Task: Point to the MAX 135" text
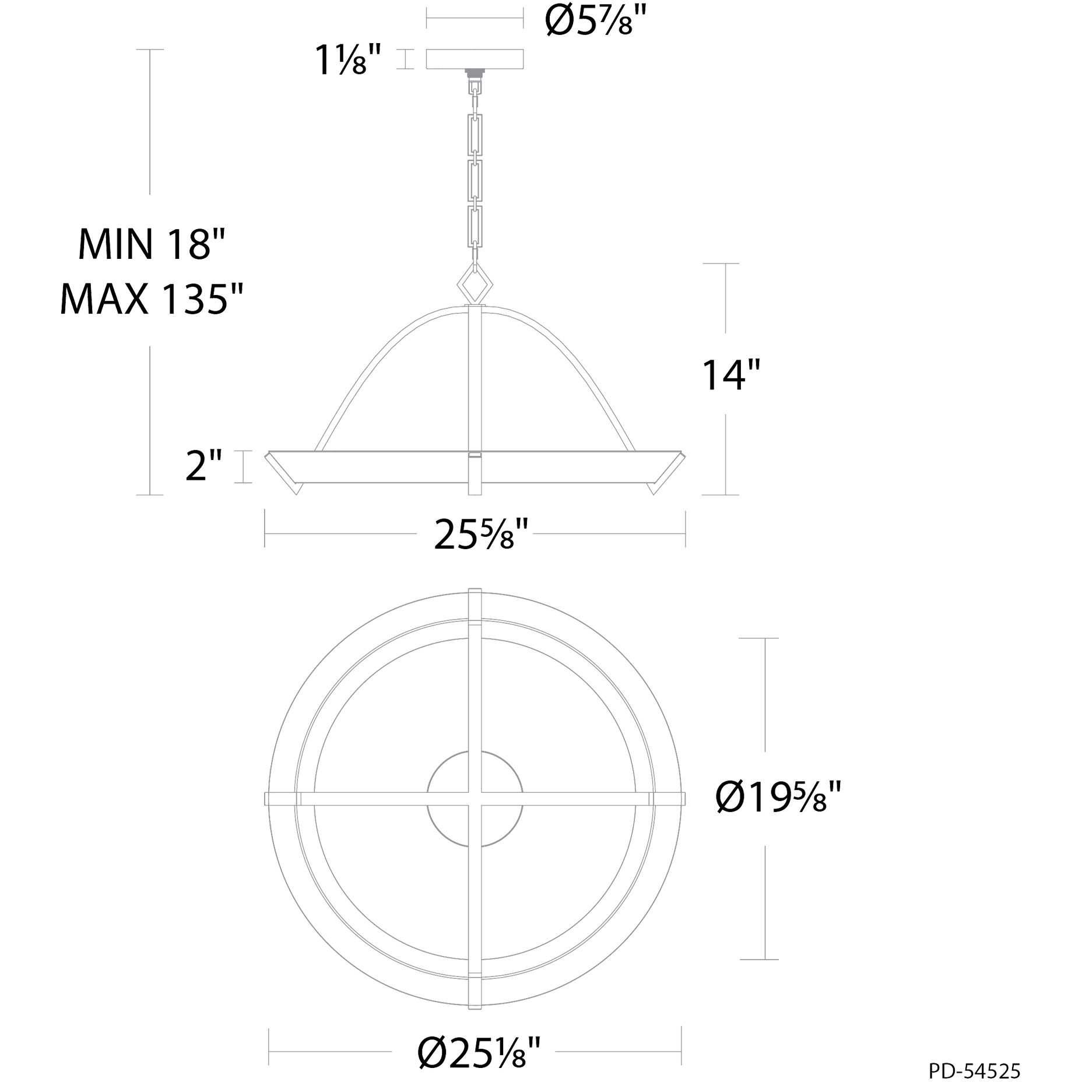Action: (152, 298)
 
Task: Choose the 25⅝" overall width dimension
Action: (482, 535)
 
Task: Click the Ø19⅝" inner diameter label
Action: (778, 798)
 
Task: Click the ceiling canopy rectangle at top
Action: (475, 59)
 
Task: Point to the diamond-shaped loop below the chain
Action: (475, 284)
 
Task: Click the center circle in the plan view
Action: (475, 798)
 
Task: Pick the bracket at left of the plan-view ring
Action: (283, 798)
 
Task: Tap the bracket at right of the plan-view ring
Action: (667, 798)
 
